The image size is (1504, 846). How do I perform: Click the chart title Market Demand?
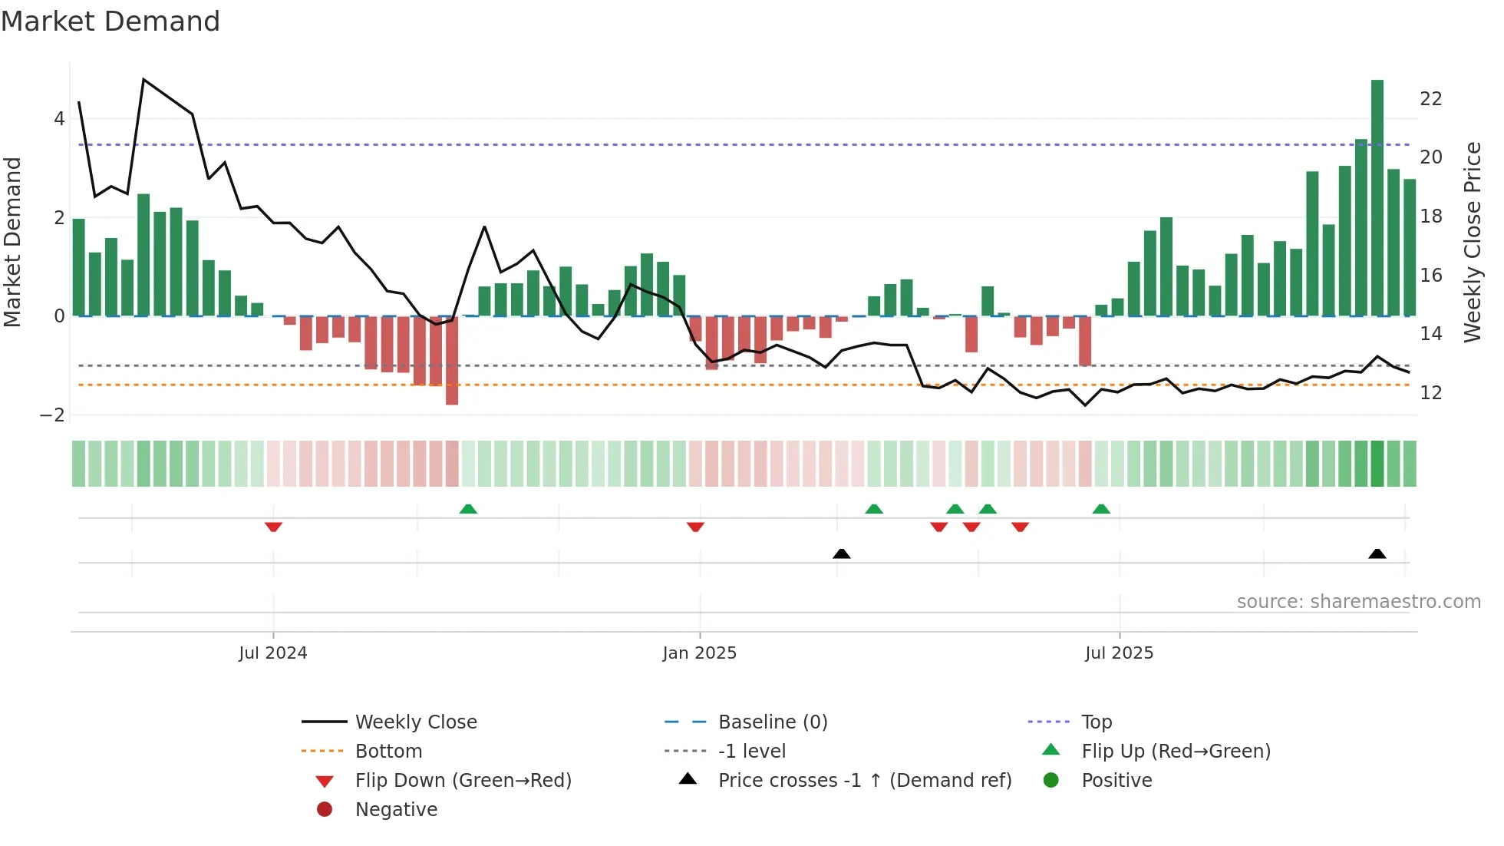110,21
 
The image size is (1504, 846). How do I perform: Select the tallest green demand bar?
1377,197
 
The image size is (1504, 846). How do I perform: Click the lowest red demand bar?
452,361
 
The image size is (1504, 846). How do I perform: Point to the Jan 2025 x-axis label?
699,653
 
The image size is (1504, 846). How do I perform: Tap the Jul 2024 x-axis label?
272,653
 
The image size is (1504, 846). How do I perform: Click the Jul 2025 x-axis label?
1119,653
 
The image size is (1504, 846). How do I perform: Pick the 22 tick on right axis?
1430,99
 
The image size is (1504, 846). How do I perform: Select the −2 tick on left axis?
53,415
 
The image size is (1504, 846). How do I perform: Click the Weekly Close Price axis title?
1472,242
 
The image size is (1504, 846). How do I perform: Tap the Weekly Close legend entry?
415,722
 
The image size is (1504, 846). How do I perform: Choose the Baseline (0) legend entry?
772,722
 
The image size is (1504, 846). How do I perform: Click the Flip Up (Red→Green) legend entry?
1176,752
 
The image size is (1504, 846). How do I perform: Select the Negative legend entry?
396,810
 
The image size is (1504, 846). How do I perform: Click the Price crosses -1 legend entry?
864,781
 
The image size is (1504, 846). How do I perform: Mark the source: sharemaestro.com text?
1358,602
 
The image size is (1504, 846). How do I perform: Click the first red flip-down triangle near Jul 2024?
273,527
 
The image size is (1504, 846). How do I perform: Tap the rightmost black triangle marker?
1377,554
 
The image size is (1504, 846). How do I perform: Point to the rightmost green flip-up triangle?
1101,509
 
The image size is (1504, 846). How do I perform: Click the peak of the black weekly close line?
143,80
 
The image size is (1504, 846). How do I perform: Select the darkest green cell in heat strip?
1377,464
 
